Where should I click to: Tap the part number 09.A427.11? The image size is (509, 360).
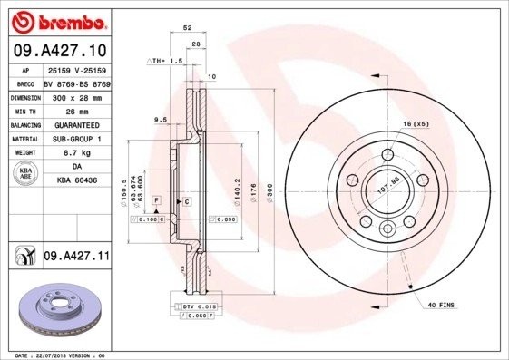coord(76,258)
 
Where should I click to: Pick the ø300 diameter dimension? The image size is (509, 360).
coord(269,191)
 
